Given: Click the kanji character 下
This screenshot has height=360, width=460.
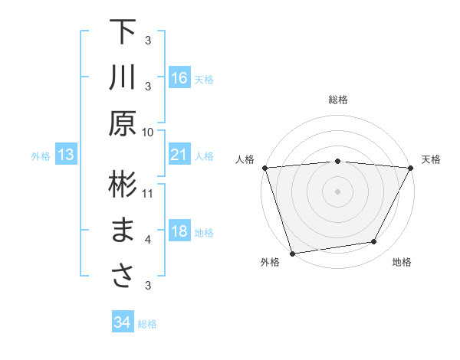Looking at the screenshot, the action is click(x=123, y=32).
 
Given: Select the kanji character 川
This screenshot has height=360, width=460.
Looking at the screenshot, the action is click(x=123, y=78).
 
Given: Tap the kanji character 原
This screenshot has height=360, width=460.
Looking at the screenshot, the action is click(x=123, y=124).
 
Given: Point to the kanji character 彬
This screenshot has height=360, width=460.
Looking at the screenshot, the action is click(x=123, y=185).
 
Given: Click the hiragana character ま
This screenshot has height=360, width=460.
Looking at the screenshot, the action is click(x=123, y=231).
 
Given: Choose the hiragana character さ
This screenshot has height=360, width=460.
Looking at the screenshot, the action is click(x=123, y=277).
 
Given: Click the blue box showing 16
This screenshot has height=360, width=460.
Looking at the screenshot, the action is click(x=179, y=77).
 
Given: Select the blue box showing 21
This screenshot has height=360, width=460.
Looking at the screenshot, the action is click(x=179, y=155).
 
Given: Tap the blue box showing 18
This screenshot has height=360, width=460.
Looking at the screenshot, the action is click(x=179, y=231).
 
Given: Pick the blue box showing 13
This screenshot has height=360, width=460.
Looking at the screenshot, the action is click(x=65, y=155).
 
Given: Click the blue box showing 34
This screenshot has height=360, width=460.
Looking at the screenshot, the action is click(x=122, y=322).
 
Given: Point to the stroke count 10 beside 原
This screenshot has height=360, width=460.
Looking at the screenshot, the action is click(x=148, y=132).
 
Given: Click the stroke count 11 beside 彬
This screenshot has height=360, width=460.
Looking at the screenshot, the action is click(x=148, y=193).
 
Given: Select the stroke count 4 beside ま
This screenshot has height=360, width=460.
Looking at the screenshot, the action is click(x=148, y=240).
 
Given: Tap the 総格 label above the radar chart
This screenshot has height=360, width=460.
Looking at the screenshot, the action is click(x=337, y=100).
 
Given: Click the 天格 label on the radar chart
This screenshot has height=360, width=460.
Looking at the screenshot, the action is click(x=431, y=159).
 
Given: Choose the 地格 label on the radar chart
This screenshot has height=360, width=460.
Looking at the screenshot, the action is click(x=402, y=263).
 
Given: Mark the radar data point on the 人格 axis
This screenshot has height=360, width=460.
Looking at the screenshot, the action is click(x=264, y=168).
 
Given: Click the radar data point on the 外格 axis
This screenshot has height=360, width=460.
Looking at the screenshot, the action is click(x=292, y=253).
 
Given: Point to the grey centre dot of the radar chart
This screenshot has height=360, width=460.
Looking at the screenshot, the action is click(x=337, y=191).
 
